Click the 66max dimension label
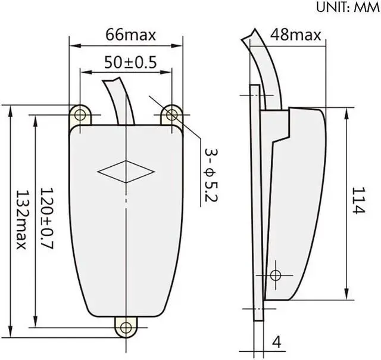point(130,35)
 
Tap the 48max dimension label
point(296,35)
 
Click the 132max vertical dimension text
point(20,220)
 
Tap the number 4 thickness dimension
point(276,343)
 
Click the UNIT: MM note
point(342,8)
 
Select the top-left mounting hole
point(79,113)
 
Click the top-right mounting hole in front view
point(171,113)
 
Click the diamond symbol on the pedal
point(126,172)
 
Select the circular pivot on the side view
point(275,275)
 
